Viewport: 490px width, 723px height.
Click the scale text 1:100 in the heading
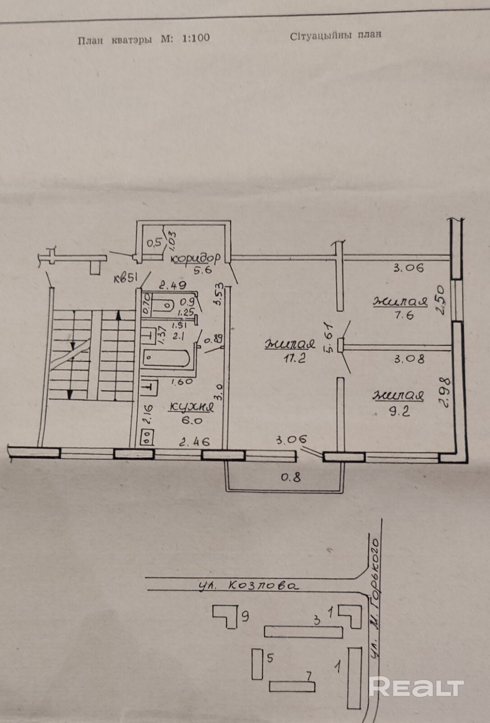point(196,38)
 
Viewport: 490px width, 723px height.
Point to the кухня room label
point(191,407)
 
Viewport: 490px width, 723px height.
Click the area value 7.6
point(404,316)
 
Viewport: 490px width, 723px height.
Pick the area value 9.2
point(399,411)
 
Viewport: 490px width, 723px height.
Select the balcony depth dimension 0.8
point(291,476)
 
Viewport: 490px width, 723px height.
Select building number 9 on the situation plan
point(245,616)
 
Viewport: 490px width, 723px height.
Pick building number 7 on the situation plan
point(308,676)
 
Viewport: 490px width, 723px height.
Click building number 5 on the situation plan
point(270,658)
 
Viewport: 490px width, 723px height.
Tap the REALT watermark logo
point(416,687)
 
